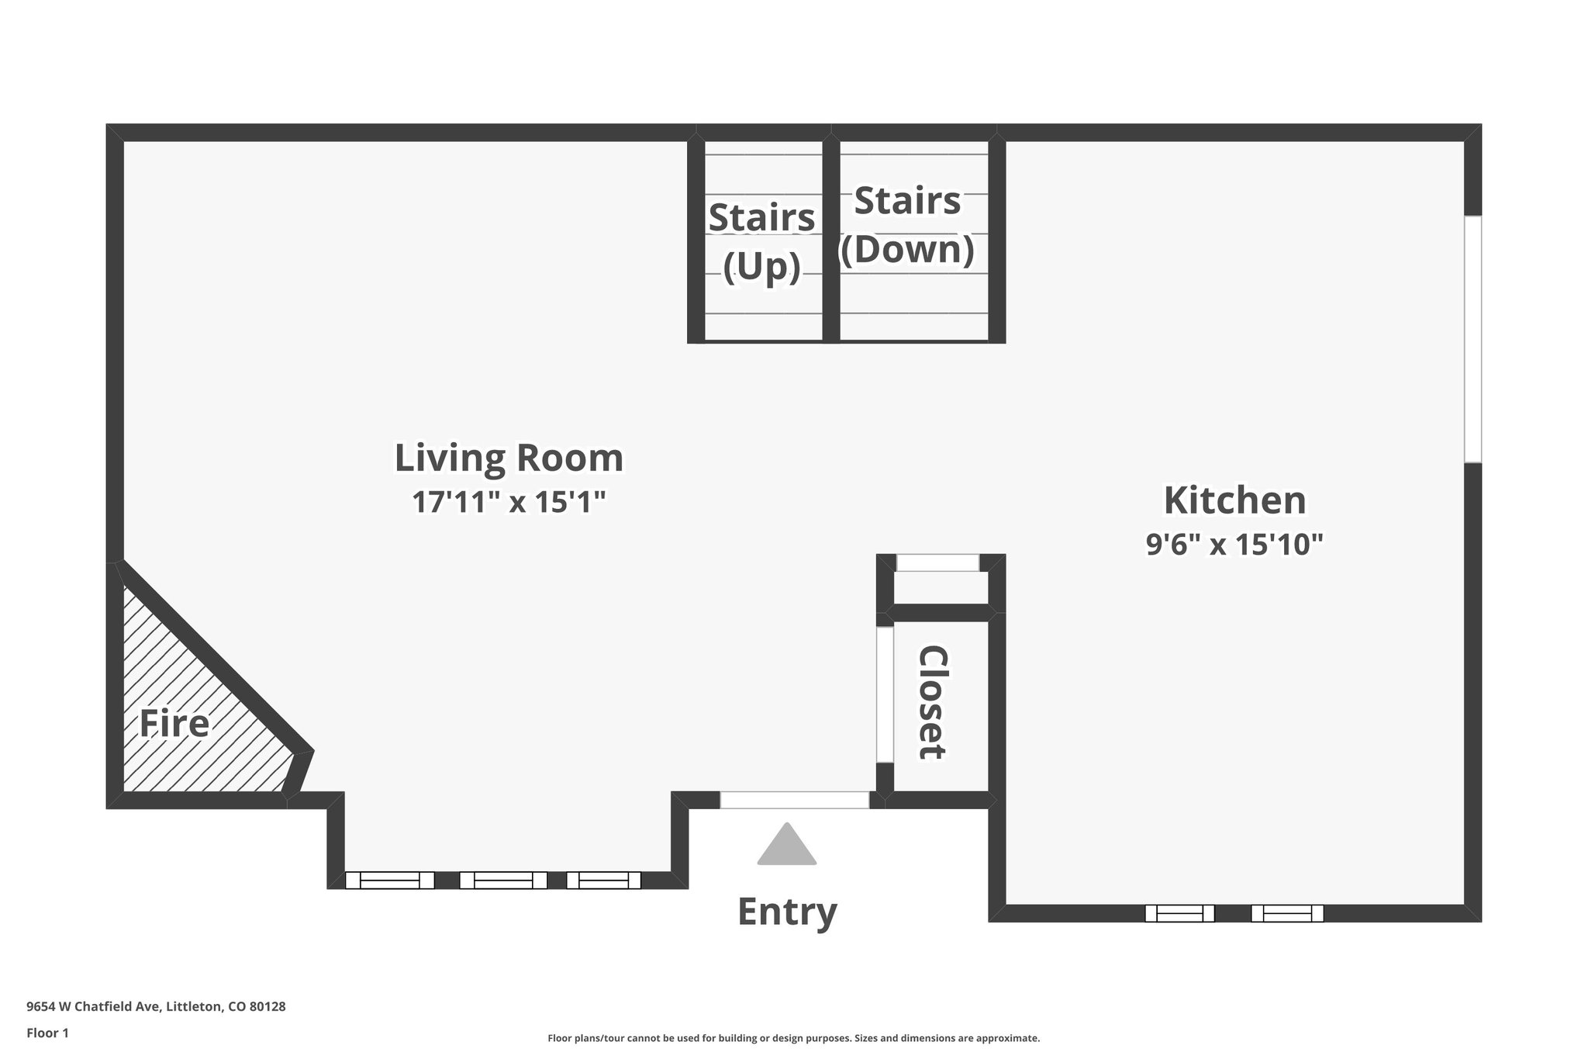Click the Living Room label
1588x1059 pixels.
coord(509,458)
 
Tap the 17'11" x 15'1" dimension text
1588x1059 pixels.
coord(509,502)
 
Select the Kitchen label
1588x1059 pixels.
coord(1234,500)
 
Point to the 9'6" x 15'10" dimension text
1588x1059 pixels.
coord(1234,544)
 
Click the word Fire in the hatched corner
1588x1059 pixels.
coord(174,724)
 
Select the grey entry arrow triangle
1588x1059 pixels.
coord(787,845)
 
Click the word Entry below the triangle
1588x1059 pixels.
coord(787,911)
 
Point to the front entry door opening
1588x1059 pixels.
coord(795,800)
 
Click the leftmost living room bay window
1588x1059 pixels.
coord(389,880)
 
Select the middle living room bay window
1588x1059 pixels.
coord(503,880)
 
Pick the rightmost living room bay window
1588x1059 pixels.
coord(604,880)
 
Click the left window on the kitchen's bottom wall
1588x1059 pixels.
coord(1179,913)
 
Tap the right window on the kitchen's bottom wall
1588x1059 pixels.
coord(1287,913)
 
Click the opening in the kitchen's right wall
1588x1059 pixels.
coord(1472,339)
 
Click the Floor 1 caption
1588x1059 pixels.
coord(48,1033)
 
